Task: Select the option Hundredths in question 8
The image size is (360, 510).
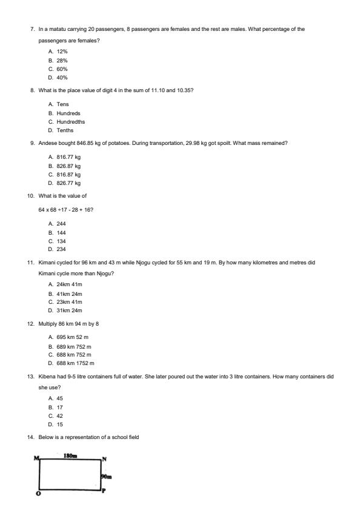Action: click(70, 121)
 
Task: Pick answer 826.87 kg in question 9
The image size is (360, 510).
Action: click(68, 165)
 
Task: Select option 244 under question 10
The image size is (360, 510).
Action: click(61, 224)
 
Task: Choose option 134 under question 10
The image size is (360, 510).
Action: click(61, 241)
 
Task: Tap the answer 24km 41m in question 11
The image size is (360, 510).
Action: click(69, 284)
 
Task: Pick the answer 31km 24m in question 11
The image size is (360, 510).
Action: click(69, 310)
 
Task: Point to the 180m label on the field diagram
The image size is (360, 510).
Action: click(70, 455)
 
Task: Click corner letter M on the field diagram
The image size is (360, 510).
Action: click(36, 458)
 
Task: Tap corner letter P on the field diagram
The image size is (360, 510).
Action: click(104, 491)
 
